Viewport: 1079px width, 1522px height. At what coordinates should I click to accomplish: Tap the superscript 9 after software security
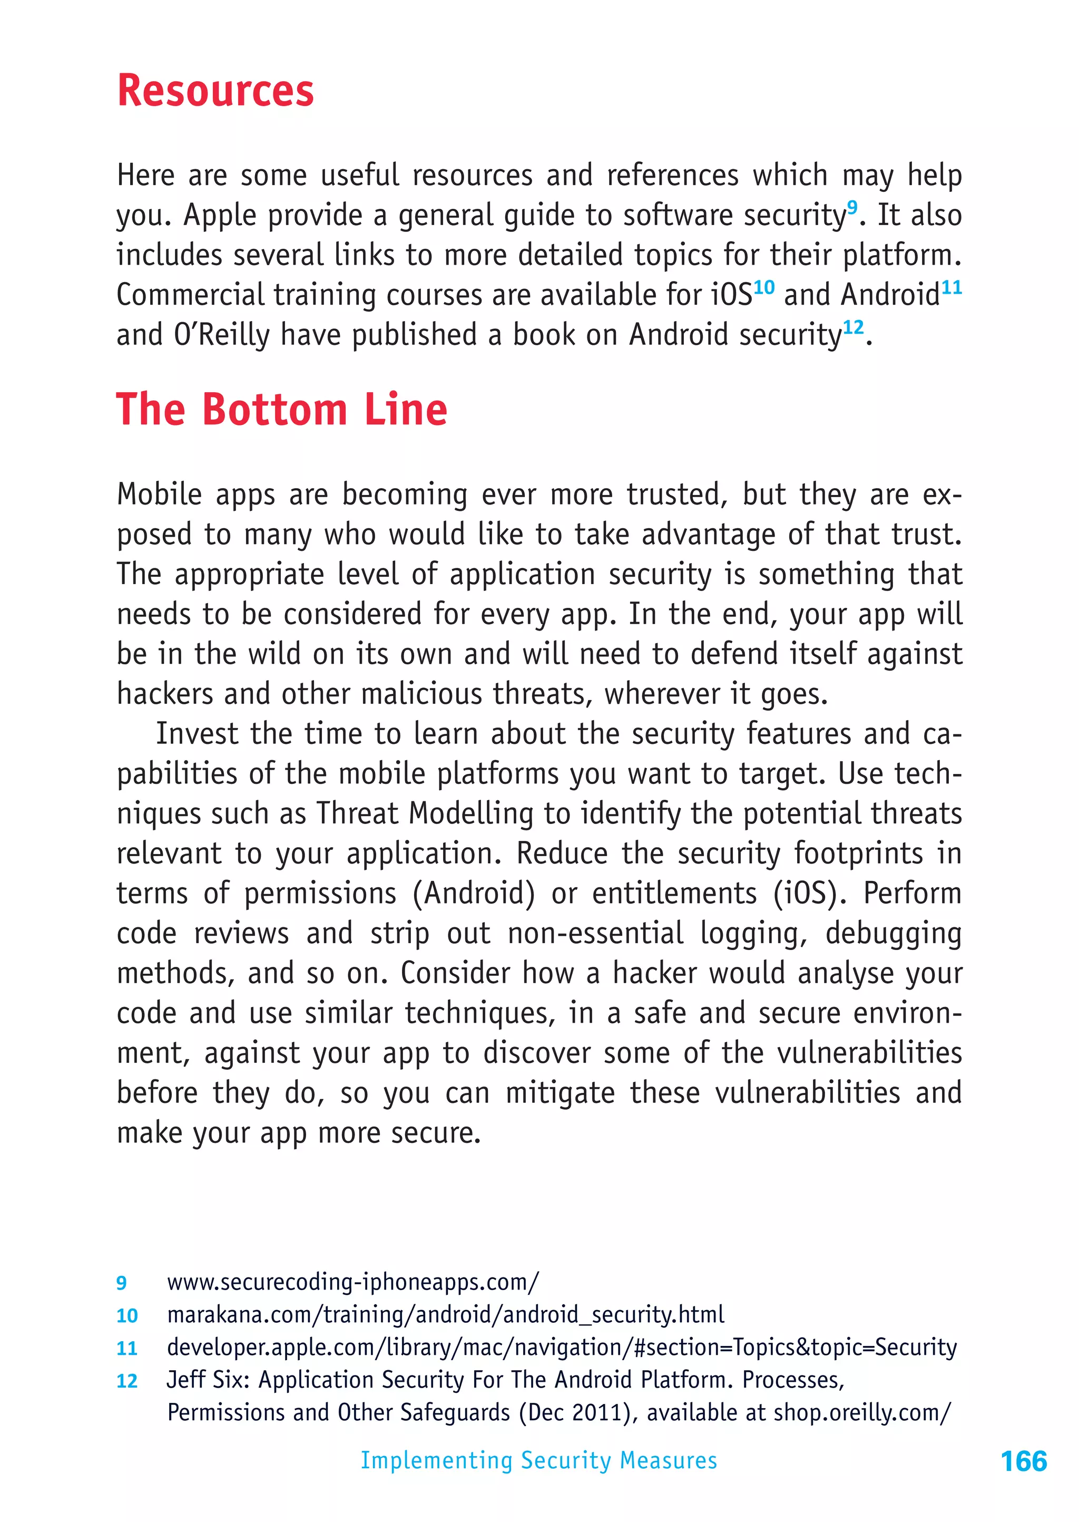(x=852, y=207)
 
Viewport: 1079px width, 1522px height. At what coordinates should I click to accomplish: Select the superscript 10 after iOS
(x=764, y=287)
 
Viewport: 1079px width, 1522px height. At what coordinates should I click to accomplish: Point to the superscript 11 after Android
(x=952, y=287)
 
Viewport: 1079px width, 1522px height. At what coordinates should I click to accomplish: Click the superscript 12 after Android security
(x=853, y=327)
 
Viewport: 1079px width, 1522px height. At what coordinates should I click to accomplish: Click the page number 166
(x=1023, y=1461)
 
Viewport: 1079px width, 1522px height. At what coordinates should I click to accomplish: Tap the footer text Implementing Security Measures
(x=539, y=1460)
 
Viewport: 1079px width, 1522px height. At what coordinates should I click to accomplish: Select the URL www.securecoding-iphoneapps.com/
(x=353, y=1282)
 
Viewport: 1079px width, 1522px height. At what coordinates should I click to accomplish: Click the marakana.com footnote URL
(x=445, y=1315)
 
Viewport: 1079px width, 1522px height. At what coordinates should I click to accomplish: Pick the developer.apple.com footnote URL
(x=562, y=1347)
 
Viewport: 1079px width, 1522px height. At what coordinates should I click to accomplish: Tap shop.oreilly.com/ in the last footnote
(x=862, y=1412)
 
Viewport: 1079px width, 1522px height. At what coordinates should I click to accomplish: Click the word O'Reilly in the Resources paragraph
(x=221, y=334)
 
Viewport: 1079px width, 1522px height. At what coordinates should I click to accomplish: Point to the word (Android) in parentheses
(x=474, y=893)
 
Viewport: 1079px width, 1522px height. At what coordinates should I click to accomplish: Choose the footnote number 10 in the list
(x=127, y=1316)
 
